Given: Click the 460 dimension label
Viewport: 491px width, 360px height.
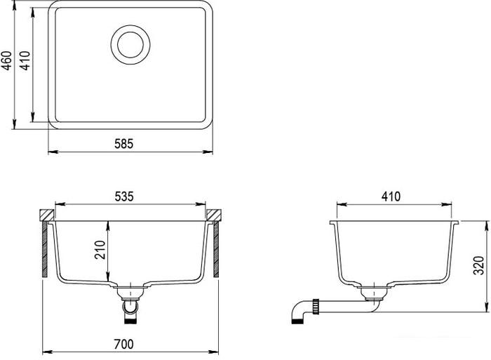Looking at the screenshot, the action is click(x=6, y=60).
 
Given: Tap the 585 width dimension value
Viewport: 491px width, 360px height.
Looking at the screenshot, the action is click(x=123, y=144).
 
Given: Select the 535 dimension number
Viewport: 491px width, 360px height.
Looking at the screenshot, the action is click(x=124, y=196).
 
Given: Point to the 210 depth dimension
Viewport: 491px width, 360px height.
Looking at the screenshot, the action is click(x=100, y=250).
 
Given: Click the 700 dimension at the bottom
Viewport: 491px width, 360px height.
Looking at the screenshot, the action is click(x=123, y=345).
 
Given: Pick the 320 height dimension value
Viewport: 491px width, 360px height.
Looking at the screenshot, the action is click(x=479, y=265).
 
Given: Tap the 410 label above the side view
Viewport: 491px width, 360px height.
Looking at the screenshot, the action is click(x=391, y=196).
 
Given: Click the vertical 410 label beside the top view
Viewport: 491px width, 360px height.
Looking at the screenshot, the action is click(x=25, y=60).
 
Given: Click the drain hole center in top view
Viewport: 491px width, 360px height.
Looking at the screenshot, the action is click(x=130, y=45).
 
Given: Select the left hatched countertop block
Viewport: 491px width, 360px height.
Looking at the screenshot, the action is click(x=47, y=215).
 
